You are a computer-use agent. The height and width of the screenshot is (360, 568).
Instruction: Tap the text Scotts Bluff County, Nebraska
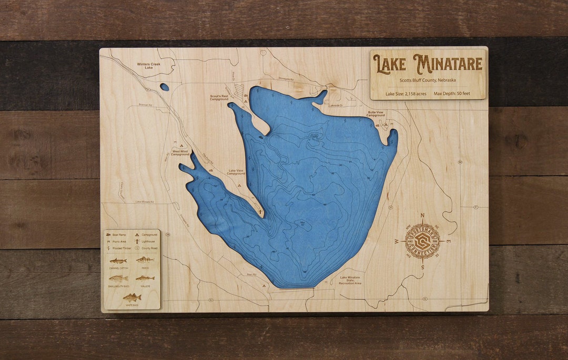tap(427, 80)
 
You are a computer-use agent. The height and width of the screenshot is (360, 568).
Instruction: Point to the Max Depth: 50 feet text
tap(452, 94)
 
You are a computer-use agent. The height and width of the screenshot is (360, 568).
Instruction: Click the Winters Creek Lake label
tap(148, 66)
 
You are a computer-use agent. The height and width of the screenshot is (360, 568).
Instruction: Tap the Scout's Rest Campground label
tap(219, 98)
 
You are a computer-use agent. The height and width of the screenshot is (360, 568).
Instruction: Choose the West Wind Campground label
tap(180, 153)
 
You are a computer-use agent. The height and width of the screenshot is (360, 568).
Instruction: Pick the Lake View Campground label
tap(236, 172)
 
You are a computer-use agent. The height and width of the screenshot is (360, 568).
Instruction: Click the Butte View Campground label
tap(376, 114)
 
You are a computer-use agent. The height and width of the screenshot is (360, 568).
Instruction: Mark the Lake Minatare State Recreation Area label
tap(350, 280)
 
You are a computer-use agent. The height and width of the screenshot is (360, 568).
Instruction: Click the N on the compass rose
tap(422, 215)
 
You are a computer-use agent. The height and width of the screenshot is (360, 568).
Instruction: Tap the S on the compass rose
tap(422, 267)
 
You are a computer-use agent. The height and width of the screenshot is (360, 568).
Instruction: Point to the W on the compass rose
tap(397, 241)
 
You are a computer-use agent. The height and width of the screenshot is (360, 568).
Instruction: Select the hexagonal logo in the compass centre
tap(422, 241)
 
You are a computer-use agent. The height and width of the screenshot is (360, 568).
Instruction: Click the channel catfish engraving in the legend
tap(118, 260)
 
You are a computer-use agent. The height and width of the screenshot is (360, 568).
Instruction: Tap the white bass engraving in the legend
tap(131, 297)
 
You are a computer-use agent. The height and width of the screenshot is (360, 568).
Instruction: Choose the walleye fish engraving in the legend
tap(145, 278)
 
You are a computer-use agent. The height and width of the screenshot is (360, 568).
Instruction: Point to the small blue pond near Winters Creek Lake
tap(165, 87)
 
